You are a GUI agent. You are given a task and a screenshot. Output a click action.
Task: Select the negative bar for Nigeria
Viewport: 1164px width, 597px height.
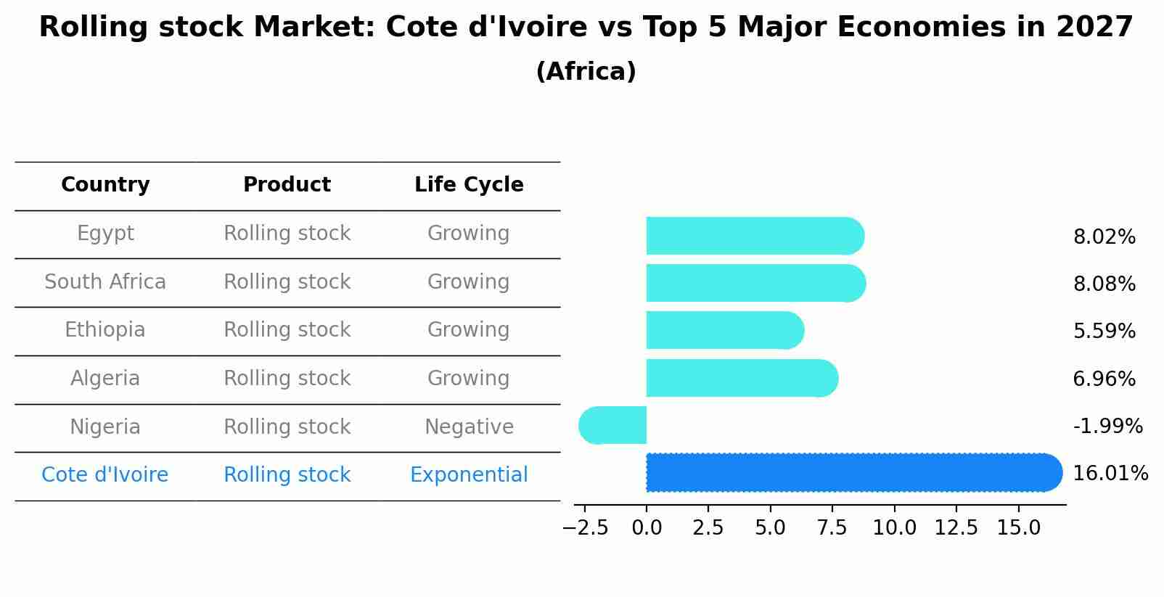pos(613,426)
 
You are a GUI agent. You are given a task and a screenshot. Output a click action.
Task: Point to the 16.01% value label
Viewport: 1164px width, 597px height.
pos(1110,474)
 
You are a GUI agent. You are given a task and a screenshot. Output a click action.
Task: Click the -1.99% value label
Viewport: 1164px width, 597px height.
pos(1107,427)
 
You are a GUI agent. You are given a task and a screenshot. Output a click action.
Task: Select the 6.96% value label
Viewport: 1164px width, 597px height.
pos(1104,379)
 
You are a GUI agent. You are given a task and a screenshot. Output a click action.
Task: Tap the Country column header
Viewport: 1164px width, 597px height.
pos(105,185)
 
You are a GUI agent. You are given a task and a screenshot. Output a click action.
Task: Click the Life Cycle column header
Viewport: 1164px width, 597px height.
pos(469,185)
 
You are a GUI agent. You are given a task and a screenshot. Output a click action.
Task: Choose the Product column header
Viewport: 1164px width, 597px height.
pos(287,185)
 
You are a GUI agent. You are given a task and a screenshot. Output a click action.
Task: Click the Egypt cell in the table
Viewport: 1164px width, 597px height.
pos(105,234)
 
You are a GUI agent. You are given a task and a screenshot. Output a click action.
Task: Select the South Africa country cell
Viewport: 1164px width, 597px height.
pos(105,282)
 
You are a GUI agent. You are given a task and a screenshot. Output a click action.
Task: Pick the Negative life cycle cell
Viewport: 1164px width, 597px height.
pos(469,427)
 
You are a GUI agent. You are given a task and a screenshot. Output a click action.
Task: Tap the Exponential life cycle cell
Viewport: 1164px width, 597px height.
pos(469,475)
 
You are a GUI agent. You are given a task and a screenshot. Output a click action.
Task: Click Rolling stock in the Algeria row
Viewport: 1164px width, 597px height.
pos(287,379)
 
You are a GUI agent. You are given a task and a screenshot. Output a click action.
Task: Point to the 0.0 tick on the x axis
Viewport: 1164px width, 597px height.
pos(647,528)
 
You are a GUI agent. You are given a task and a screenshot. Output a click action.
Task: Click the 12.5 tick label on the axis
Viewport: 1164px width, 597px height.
pos(956,528)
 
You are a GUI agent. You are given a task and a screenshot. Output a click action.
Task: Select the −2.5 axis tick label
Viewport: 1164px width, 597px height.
pos(585,528)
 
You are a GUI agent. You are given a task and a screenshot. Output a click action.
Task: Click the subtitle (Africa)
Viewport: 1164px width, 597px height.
pos(586,72)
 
